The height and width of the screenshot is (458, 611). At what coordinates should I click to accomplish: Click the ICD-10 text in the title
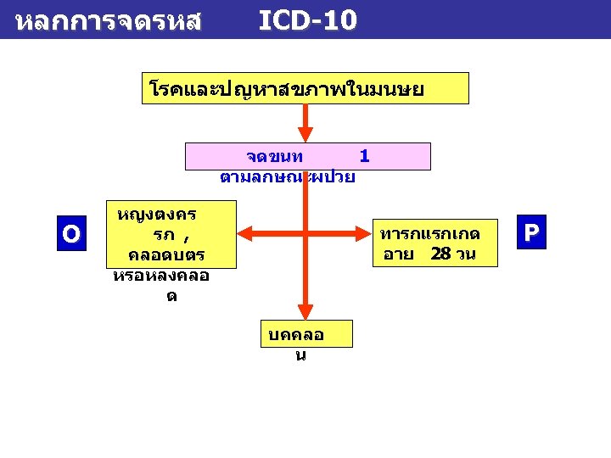[x=307, y=20]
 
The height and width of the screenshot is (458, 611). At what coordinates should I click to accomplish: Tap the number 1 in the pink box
[x=364, y=156]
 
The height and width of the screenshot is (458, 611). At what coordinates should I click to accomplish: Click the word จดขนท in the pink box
[x=274, y=157]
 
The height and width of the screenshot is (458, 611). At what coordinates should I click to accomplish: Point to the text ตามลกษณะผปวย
[x=287, y=177]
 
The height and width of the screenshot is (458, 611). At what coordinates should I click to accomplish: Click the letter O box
[x=71, y=233]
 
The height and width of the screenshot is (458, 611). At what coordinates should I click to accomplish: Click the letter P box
[x=531, y=232]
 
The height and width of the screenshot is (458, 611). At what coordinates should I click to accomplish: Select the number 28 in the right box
[x=441, y=254]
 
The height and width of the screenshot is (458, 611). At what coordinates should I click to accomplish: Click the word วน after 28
[x=465, y=254]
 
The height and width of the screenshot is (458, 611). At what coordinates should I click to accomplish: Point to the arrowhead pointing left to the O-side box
[x=245, y=232]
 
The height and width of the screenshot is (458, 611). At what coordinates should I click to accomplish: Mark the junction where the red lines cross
[x=305, y=232]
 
